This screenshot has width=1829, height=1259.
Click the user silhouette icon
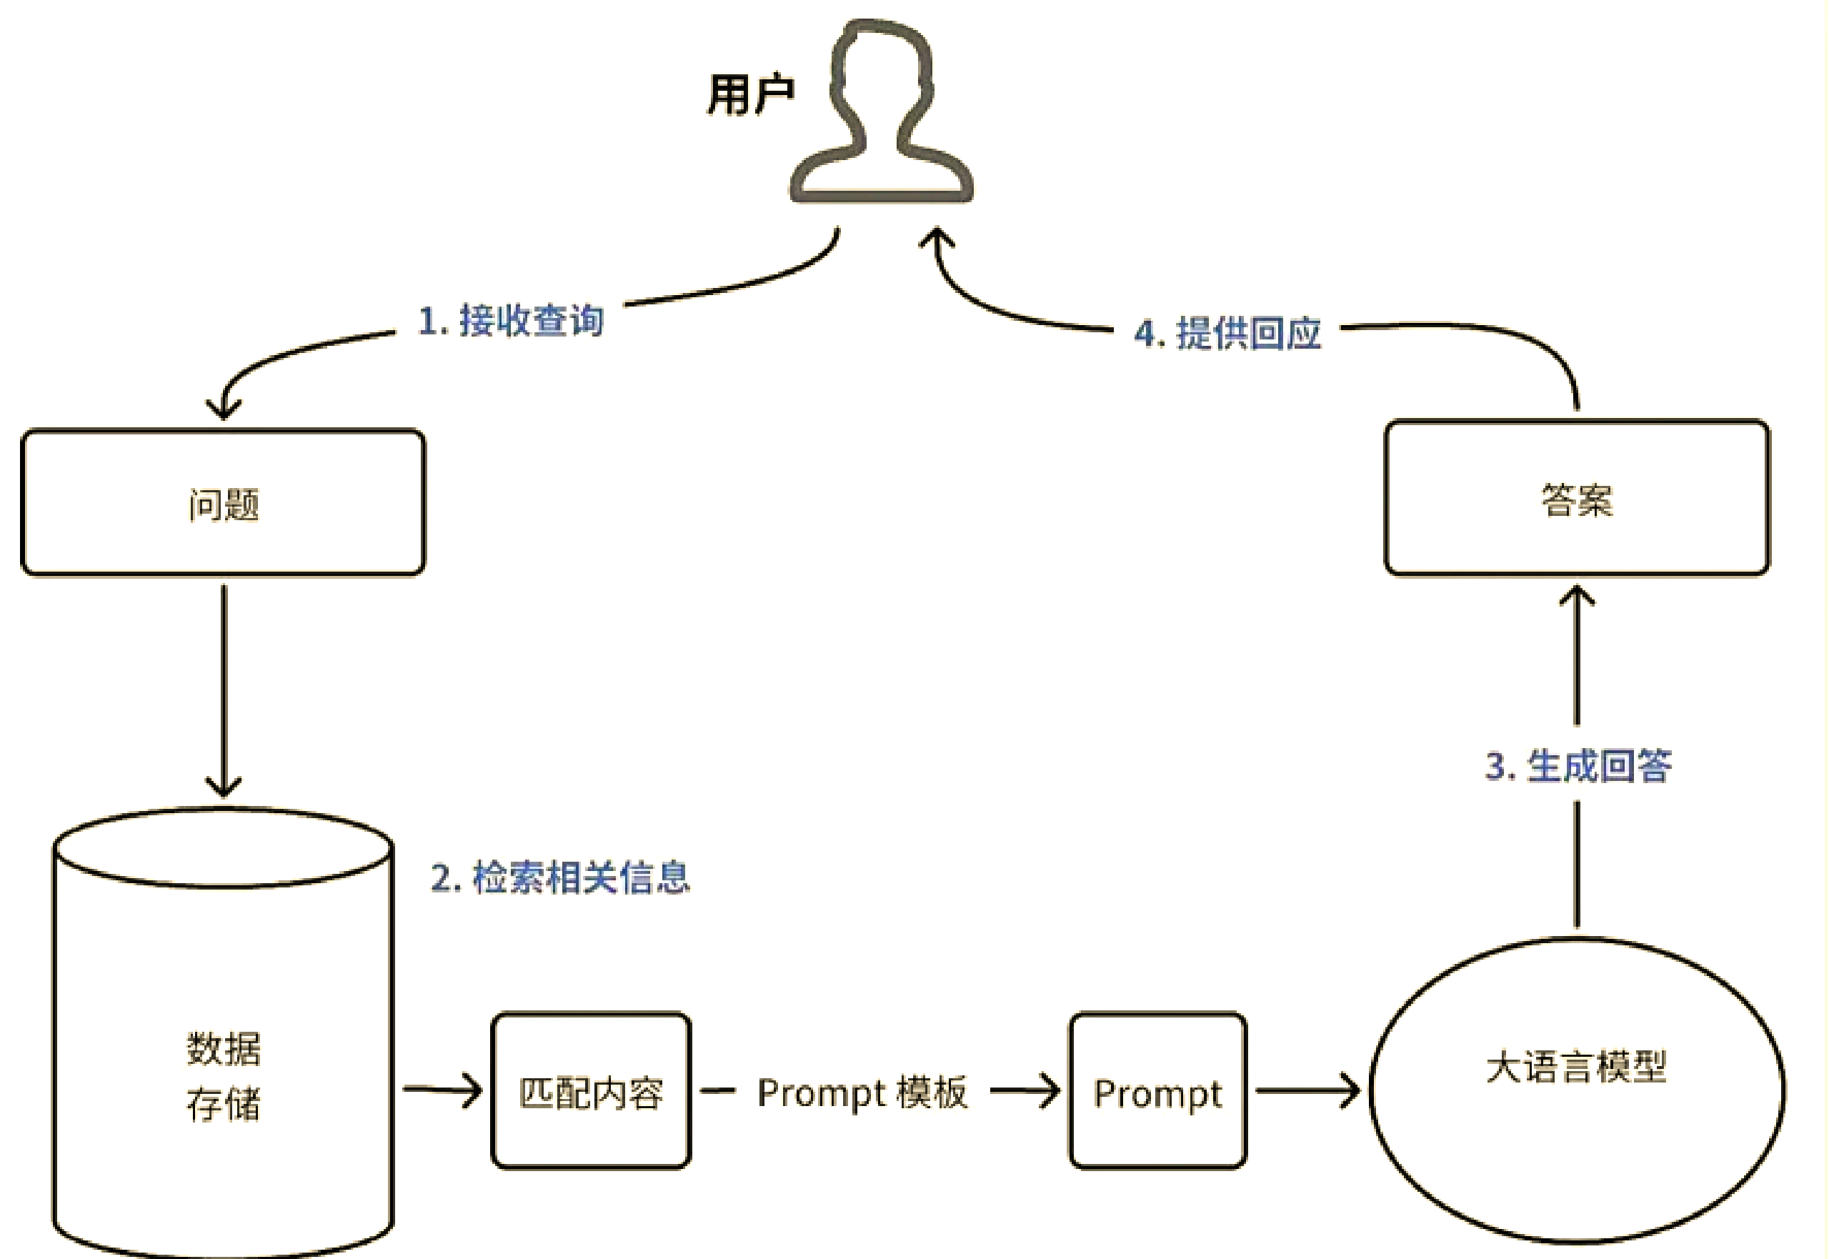[882, 111]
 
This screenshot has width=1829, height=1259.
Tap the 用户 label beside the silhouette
[750, 94]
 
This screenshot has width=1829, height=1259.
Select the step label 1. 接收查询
[511, 320]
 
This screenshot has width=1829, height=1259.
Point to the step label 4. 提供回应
[1227, 333]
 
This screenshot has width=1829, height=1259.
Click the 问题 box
[223, 503]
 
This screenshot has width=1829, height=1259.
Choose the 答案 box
[1577, 499]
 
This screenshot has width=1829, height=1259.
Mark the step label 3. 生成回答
[1578, 765]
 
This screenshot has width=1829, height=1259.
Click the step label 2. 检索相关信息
[560, 877]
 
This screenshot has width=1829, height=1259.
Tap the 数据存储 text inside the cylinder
[223, 1076]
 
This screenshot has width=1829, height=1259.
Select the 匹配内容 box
[591, 1092]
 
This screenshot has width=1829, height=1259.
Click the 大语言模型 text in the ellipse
[1577, 1067]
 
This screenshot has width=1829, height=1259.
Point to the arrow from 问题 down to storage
[224, 686]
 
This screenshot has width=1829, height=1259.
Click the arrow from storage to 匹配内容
[442, 1091]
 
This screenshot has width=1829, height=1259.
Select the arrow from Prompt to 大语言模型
[1307, 1092]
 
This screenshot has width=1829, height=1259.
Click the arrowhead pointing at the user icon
[937, 237]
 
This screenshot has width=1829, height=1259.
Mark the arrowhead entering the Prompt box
[1050, 1092]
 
